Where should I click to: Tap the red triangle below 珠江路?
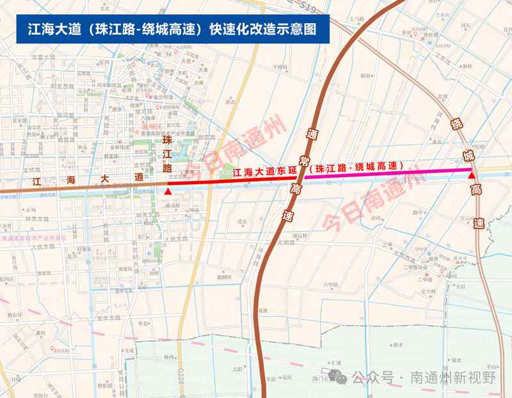[x=168, y=191]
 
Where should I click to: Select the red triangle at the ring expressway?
[x=472, y=175]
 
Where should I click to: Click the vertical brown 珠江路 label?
[x=168, y=154]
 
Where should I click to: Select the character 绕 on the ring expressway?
[x=457, y=124]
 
